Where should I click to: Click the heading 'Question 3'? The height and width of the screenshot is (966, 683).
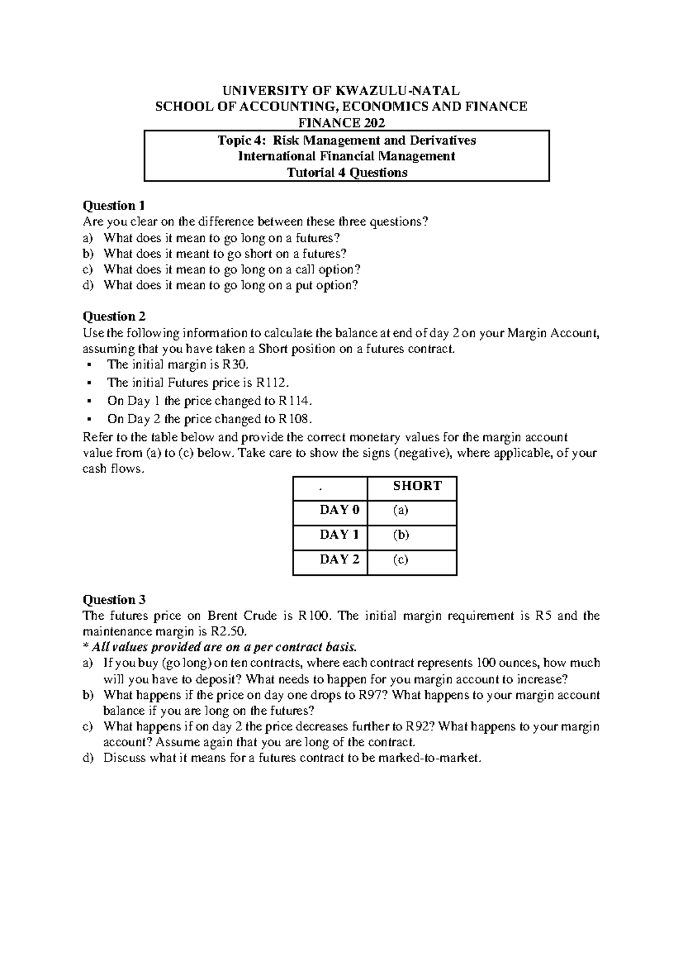pos(114,600)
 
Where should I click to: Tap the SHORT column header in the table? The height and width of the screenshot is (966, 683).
pos(417,486)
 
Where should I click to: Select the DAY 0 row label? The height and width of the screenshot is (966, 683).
pos(339,510)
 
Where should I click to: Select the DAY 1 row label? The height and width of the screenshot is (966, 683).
pos(339,535)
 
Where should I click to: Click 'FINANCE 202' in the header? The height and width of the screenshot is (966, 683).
pos(341,123)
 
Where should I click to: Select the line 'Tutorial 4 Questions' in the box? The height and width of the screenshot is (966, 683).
pos(347,173)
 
